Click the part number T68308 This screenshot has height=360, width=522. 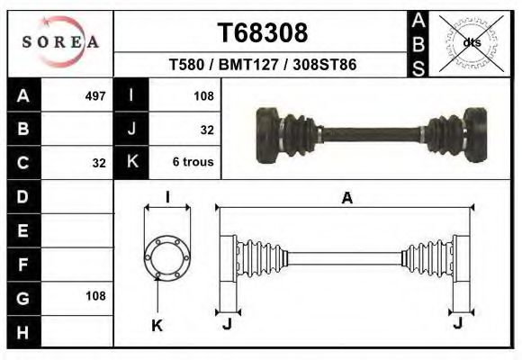click(263, 32)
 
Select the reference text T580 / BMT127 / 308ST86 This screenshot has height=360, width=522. click(263, 66)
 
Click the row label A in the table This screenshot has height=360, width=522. click(23, 95)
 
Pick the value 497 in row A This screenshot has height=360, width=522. click(94, 95)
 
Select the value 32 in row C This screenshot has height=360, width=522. click(99, 163)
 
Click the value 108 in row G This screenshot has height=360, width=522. click(94, 295)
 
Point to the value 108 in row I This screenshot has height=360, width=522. click(202, 95)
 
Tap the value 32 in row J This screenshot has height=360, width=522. click(207, 130)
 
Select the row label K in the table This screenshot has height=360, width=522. click(132, 163)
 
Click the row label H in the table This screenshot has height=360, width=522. click(23, 330)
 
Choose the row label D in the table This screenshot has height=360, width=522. click(23, 195)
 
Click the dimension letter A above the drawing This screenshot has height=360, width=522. click(346, 199)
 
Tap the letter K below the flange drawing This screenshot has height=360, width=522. click(157, 325)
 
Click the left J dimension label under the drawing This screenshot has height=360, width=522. click(227, 324)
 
